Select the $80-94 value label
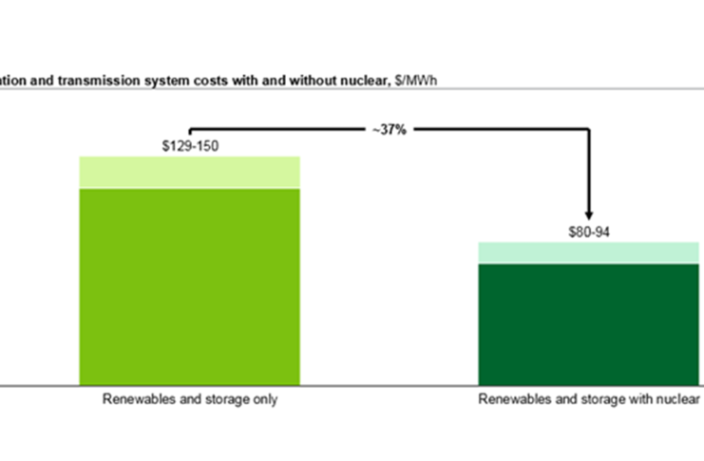(589, 231)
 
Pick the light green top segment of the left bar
(189, 173)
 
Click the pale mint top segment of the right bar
(589, 252)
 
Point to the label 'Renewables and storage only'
(190, 399)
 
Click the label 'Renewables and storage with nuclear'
(589, 399)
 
